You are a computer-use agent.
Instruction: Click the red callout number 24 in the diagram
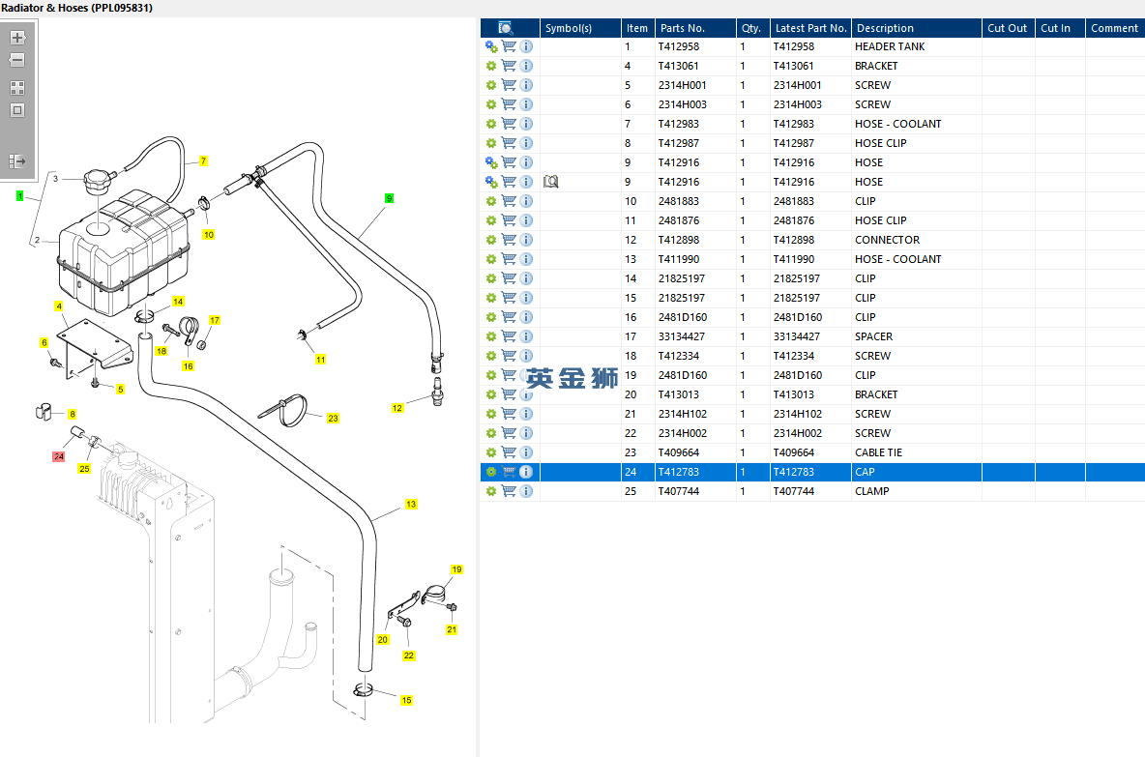coord(58,456)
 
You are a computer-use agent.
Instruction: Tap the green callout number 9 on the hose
coord(389,198)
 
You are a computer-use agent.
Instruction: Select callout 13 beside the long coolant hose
coord(411,505)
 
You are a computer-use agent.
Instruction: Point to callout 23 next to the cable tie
coord(333,419)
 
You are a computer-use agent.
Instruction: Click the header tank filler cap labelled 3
coord(98,180)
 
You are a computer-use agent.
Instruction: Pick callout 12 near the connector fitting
coord(397,408)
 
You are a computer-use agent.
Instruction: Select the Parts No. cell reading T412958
coord(679,46)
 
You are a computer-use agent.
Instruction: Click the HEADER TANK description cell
coord(890,46)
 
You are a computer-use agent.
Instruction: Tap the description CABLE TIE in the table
coord(878,452)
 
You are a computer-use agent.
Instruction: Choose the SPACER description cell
coord(873,336)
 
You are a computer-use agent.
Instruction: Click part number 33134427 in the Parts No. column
coord(682,336)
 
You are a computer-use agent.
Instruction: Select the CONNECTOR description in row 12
coord(887,240)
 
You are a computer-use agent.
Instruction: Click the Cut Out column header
coord(1008,28)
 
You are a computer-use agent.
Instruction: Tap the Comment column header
coord(1114,28)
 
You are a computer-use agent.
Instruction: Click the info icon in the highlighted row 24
coord(526,472)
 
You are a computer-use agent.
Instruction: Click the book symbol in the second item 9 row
coord(551,182)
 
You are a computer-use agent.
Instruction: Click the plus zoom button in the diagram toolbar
coord(17,38)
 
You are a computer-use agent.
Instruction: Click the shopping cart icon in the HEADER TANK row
coord(509,46)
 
